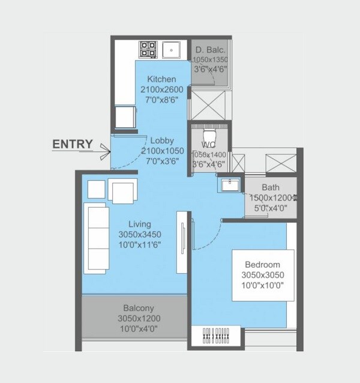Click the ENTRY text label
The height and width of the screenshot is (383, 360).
tap(73, 144)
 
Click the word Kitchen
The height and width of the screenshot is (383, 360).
tap(161, 79)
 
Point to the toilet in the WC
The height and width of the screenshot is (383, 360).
tap(209, 133)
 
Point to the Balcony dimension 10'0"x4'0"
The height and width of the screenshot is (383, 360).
tap(139, 328)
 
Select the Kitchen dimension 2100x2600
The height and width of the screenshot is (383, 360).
tap(161, 89)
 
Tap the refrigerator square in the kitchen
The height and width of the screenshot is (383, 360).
tap(124, 116)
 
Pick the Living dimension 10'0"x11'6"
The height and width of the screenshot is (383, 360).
tap(140, 245)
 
